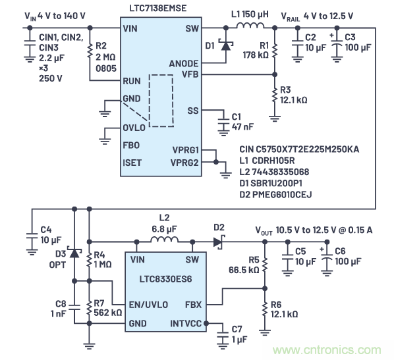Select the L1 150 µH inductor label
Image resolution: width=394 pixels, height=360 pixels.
pyautogui.click(x=251, y=14)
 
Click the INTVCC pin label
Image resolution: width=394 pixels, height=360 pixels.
pyautogui.click(x=187, y=322)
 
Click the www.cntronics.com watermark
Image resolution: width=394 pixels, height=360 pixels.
pyautogui.click(x=335, y=349)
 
